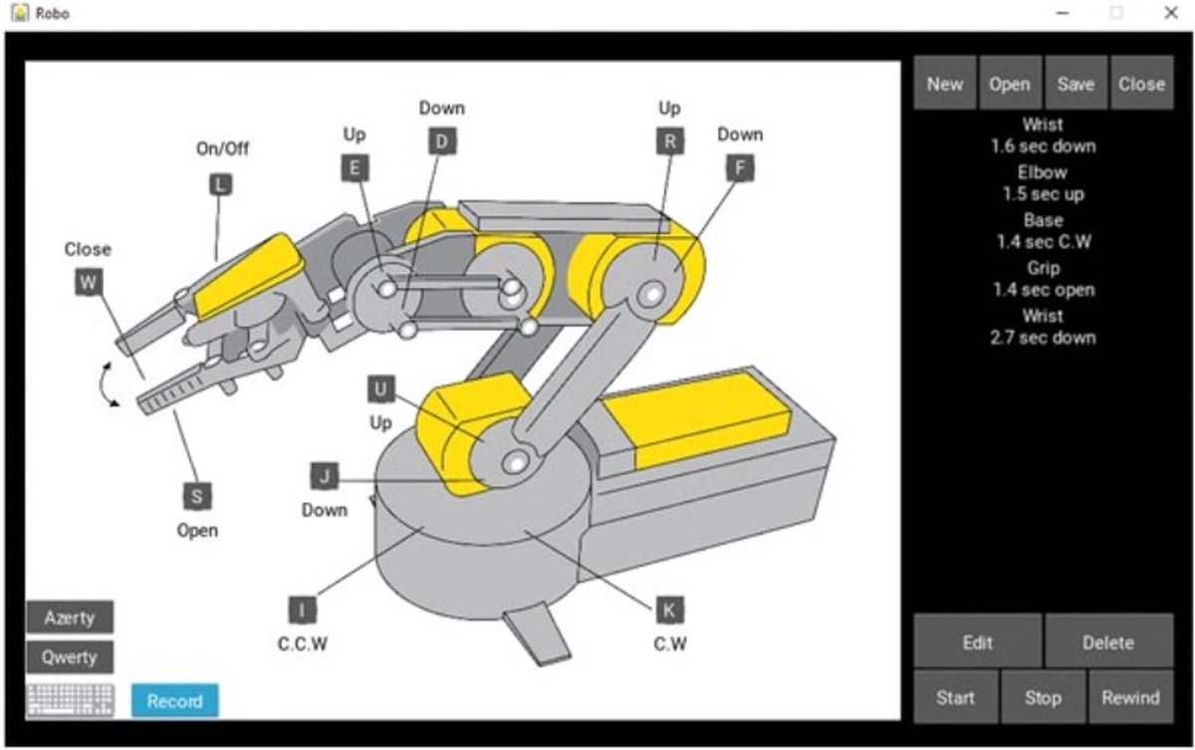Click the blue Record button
pyautogui.click(x=174, y=700)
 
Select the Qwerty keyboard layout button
pyautogui.click(x=70, y=657)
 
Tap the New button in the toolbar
pyautogui.click(x=945, y=84)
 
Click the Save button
pyautogui.click(x=1075, y=84)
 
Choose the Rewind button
pyautogui.click(x=1130, y=697)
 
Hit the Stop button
pyautogui.click(x=1043, y=697)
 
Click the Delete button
pyautogui.click(x=1108, y=642)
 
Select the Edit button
pyautogui.click(x=978, y=642)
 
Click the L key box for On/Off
pyautogui.click(x=221, y=183)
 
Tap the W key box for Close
pyautogui.click(x=89, y=283)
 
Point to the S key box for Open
pyautogui.click(x=197, y=496)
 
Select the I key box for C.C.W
pyautogui.click(x=302, y=610)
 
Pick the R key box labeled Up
pyautogui.click(x=670, y=141)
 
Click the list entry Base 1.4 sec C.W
pyautogui.click(x=1043, y=231)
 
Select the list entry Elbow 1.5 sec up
pyautogui.click(x=1043, y=183)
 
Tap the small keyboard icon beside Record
pyautogui.click(x=71, y=700)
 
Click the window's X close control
pyautogui.click(x=1170, y=13)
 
